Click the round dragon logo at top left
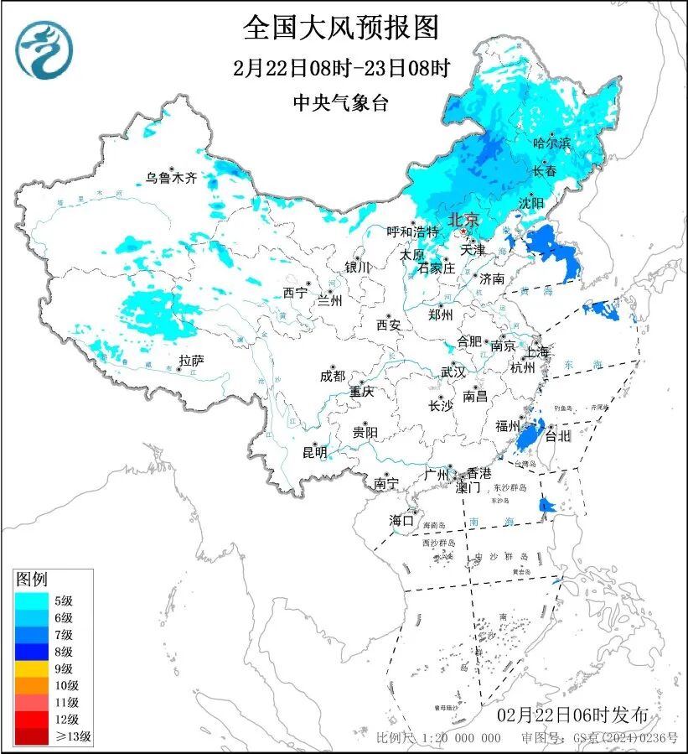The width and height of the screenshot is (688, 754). click(44, 49)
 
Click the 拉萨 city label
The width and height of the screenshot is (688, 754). click(191, 361)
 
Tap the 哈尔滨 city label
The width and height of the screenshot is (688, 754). click(551, 143)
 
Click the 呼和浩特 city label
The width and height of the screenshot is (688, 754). click(412, 231)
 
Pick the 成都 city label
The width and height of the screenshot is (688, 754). click(332, 377)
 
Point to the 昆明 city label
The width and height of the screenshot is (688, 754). click(314, 453)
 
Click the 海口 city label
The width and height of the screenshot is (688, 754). click(401, 521)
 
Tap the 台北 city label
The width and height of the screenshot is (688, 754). click(557, 436)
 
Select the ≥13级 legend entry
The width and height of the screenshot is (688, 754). click(52, 737)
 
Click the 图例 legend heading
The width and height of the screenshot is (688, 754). click(32, 579)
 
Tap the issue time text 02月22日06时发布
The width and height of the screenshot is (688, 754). click(572, 715)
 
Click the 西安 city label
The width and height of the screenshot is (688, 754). click(389, 324)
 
